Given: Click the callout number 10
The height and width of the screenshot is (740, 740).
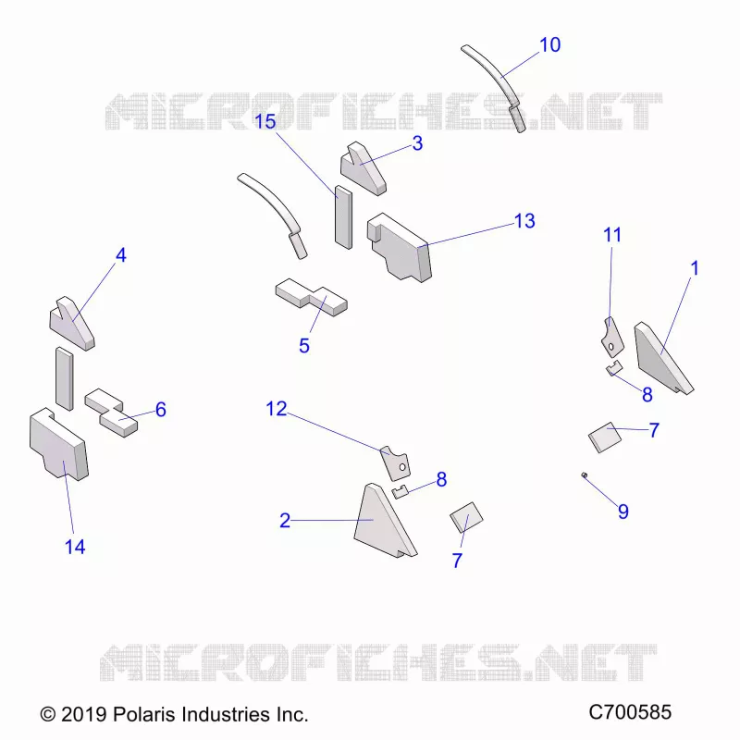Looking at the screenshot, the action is tap(549, 44).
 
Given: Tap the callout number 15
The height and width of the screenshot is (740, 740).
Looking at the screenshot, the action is tap(265, 121).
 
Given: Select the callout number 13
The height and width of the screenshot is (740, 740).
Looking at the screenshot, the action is tap(524, 221).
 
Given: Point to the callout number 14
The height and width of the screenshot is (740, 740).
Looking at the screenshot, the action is tap(75, 547).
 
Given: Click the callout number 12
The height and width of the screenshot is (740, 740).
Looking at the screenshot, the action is tap(276, 409).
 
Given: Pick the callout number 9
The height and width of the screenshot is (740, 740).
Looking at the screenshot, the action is tap(623, 512).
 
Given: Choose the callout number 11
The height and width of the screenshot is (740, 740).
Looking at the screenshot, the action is tap(612, 235).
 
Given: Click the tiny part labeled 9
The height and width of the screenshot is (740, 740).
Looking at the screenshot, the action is tap(585, 475).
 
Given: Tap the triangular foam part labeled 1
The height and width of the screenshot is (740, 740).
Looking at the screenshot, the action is tap(660, 360).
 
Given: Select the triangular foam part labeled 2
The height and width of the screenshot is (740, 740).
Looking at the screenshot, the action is tap(381, 522).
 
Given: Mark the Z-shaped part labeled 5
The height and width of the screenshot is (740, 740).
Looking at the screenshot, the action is tap(312, 298).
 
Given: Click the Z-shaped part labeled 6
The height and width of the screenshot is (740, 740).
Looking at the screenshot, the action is tap(111, 413).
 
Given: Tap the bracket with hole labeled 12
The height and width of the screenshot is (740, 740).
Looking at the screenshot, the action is tap(396, 463).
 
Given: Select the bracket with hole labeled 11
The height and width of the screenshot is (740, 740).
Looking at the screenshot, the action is tap(612, 337).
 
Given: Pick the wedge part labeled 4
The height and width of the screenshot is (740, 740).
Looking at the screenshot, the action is tap(72, 324).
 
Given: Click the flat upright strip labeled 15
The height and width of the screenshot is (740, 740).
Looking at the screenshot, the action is tap(343, 217).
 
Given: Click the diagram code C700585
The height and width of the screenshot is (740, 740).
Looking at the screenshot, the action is tap(630, 712).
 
